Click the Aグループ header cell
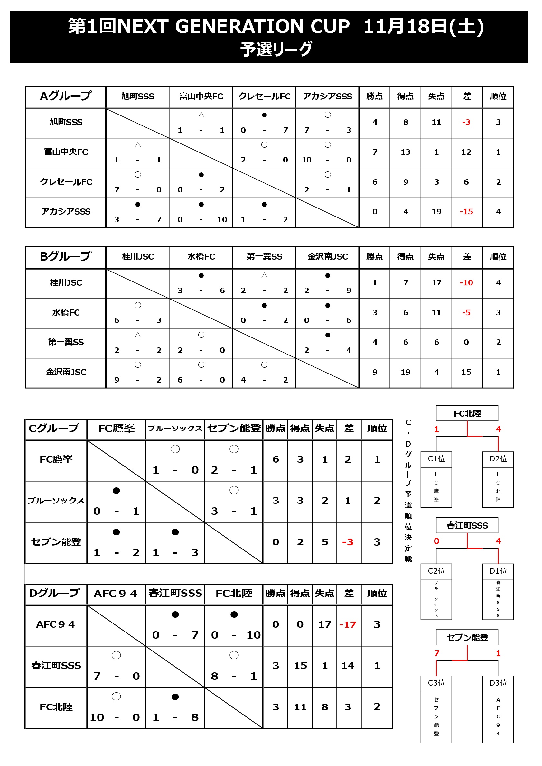[x=65, y=97]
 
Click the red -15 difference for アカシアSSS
[x=466, y=211]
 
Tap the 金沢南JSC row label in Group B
[x=66, y=372]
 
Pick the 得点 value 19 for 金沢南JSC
[x=405, y=372]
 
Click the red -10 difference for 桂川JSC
[x=466, y=282]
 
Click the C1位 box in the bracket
[x=436, y=459]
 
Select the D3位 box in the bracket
[x=498, y=683]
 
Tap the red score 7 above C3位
[x=436, y=653]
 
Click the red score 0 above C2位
[x=436, y=541]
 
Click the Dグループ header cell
[x=55, y=593]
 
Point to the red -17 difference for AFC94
[x=347, y=624]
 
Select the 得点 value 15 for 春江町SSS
[x=300, y=666]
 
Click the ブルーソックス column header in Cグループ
[x=175, y=429]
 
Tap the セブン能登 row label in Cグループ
[x=56, y=542]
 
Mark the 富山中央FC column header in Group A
[x=201, y=97]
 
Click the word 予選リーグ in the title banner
[x=276, y=49]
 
